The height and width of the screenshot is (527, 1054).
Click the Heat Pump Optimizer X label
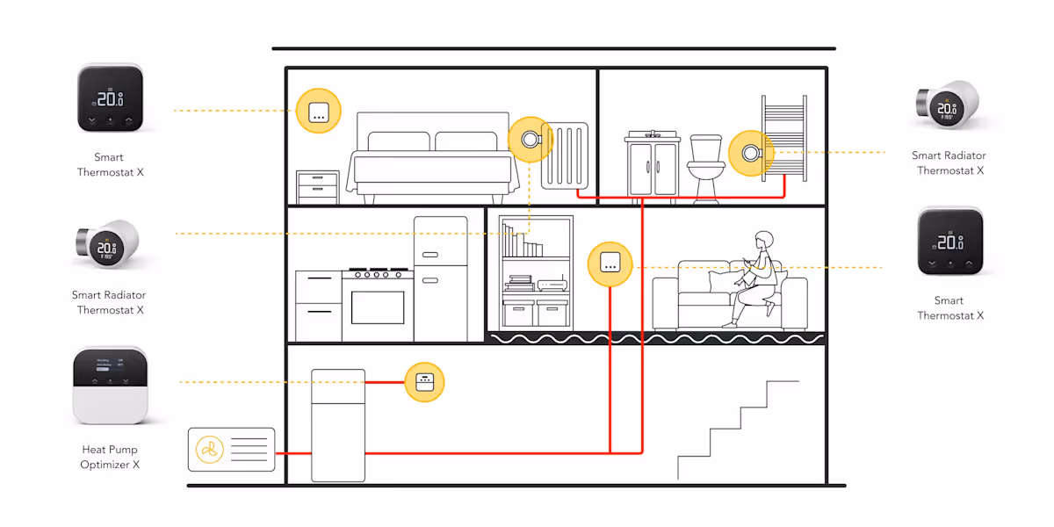pyautogui.click(x=110, y=457)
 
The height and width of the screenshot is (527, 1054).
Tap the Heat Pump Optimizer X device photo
pyautogui.click(x=109, y=385)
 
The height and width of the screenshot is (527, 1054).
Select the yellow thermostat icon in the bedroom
pyautogui.click(x=318, y=111)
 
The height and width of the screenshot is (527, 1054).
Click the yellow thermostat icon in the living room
pyautogui.click(x=610, y=263)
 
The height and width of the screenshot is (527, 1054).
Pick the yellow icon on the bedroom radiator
pyautogui.click(x=530, y=140)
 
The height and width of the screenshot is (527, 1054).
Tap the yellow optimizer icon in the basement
pyautogui.click(x=424, y=382)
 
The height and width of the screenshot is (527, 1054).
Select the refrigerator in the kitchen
pyautogui.click(x=440, y=278)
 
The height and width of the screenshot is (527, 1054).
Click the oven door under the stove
pyautogui.click(x=377, y=307)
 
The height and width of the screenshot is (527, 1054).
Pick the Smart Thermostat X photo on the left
pyautogui.click(x=110, y=98)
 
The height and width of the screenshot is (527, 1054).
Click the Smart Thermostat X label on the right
pyautogui.click(x=949, y=307)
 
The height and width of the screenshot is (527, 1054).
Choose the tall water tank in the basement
pyautogui.click(x=338, y=425)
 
